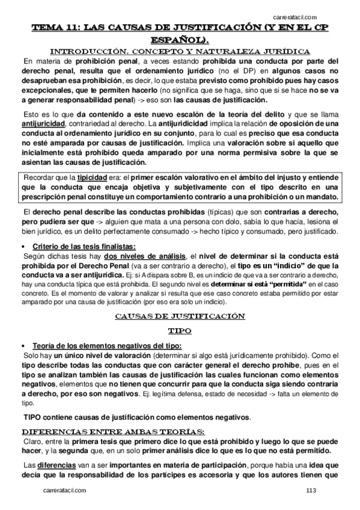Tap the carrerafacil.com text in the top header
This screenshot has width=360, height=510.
294,17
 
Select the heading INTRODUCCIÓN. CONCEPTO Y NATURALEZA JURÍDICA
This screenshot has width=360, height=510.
180,51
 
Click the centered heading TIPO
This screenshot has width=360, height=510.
179,330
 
